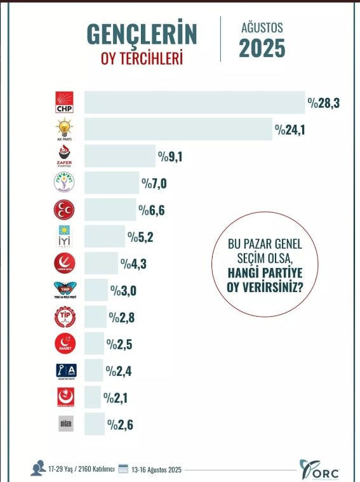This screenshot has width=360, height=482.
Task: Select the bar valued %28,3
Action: click(x=194, y=103)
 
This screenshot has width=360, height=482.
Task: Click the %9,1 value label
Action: click(x=171, y=156)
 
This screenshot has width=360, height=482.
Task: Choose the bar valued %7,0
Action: click(x=112, y=183)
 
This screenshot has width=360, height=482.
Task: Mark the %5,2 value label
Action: click(x=140, y=237)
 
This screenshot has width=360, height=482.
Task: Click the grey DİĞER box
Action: click(x=66, y=424)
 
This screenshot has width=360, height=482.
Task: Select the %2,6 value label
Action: click(x=120, y=424)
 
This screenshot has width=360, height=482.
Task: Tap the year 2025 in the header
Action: click(x=262, y=49)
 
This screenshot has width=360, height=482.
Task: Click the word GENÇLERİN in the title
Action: click(x=142, y=34)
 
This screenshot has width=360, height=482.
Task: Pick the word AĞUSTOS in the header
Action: click(x=262, y=28)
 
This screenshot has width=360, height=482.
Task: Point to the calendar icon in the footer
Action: click(x=123, y=469)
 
